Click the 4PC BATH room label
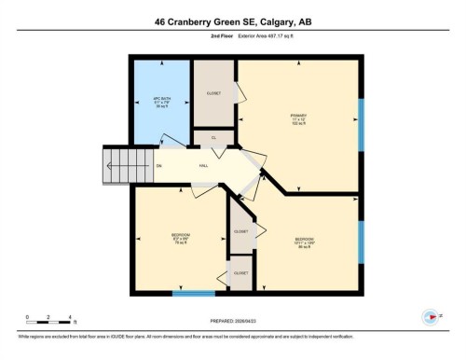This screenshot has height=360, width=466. [x=162, y=102]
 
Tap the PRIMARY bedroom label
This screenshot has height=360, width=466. [x=298, y=119]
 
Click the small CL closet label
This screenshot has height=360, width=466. [x=213, y=138]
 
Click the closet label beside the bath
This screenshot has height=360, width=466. [x=213, y=93]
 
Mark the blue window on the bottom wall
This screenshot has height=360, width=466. [x=194, y=295]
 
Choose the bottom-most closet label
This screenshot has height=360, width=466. [x=240, y=273]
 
